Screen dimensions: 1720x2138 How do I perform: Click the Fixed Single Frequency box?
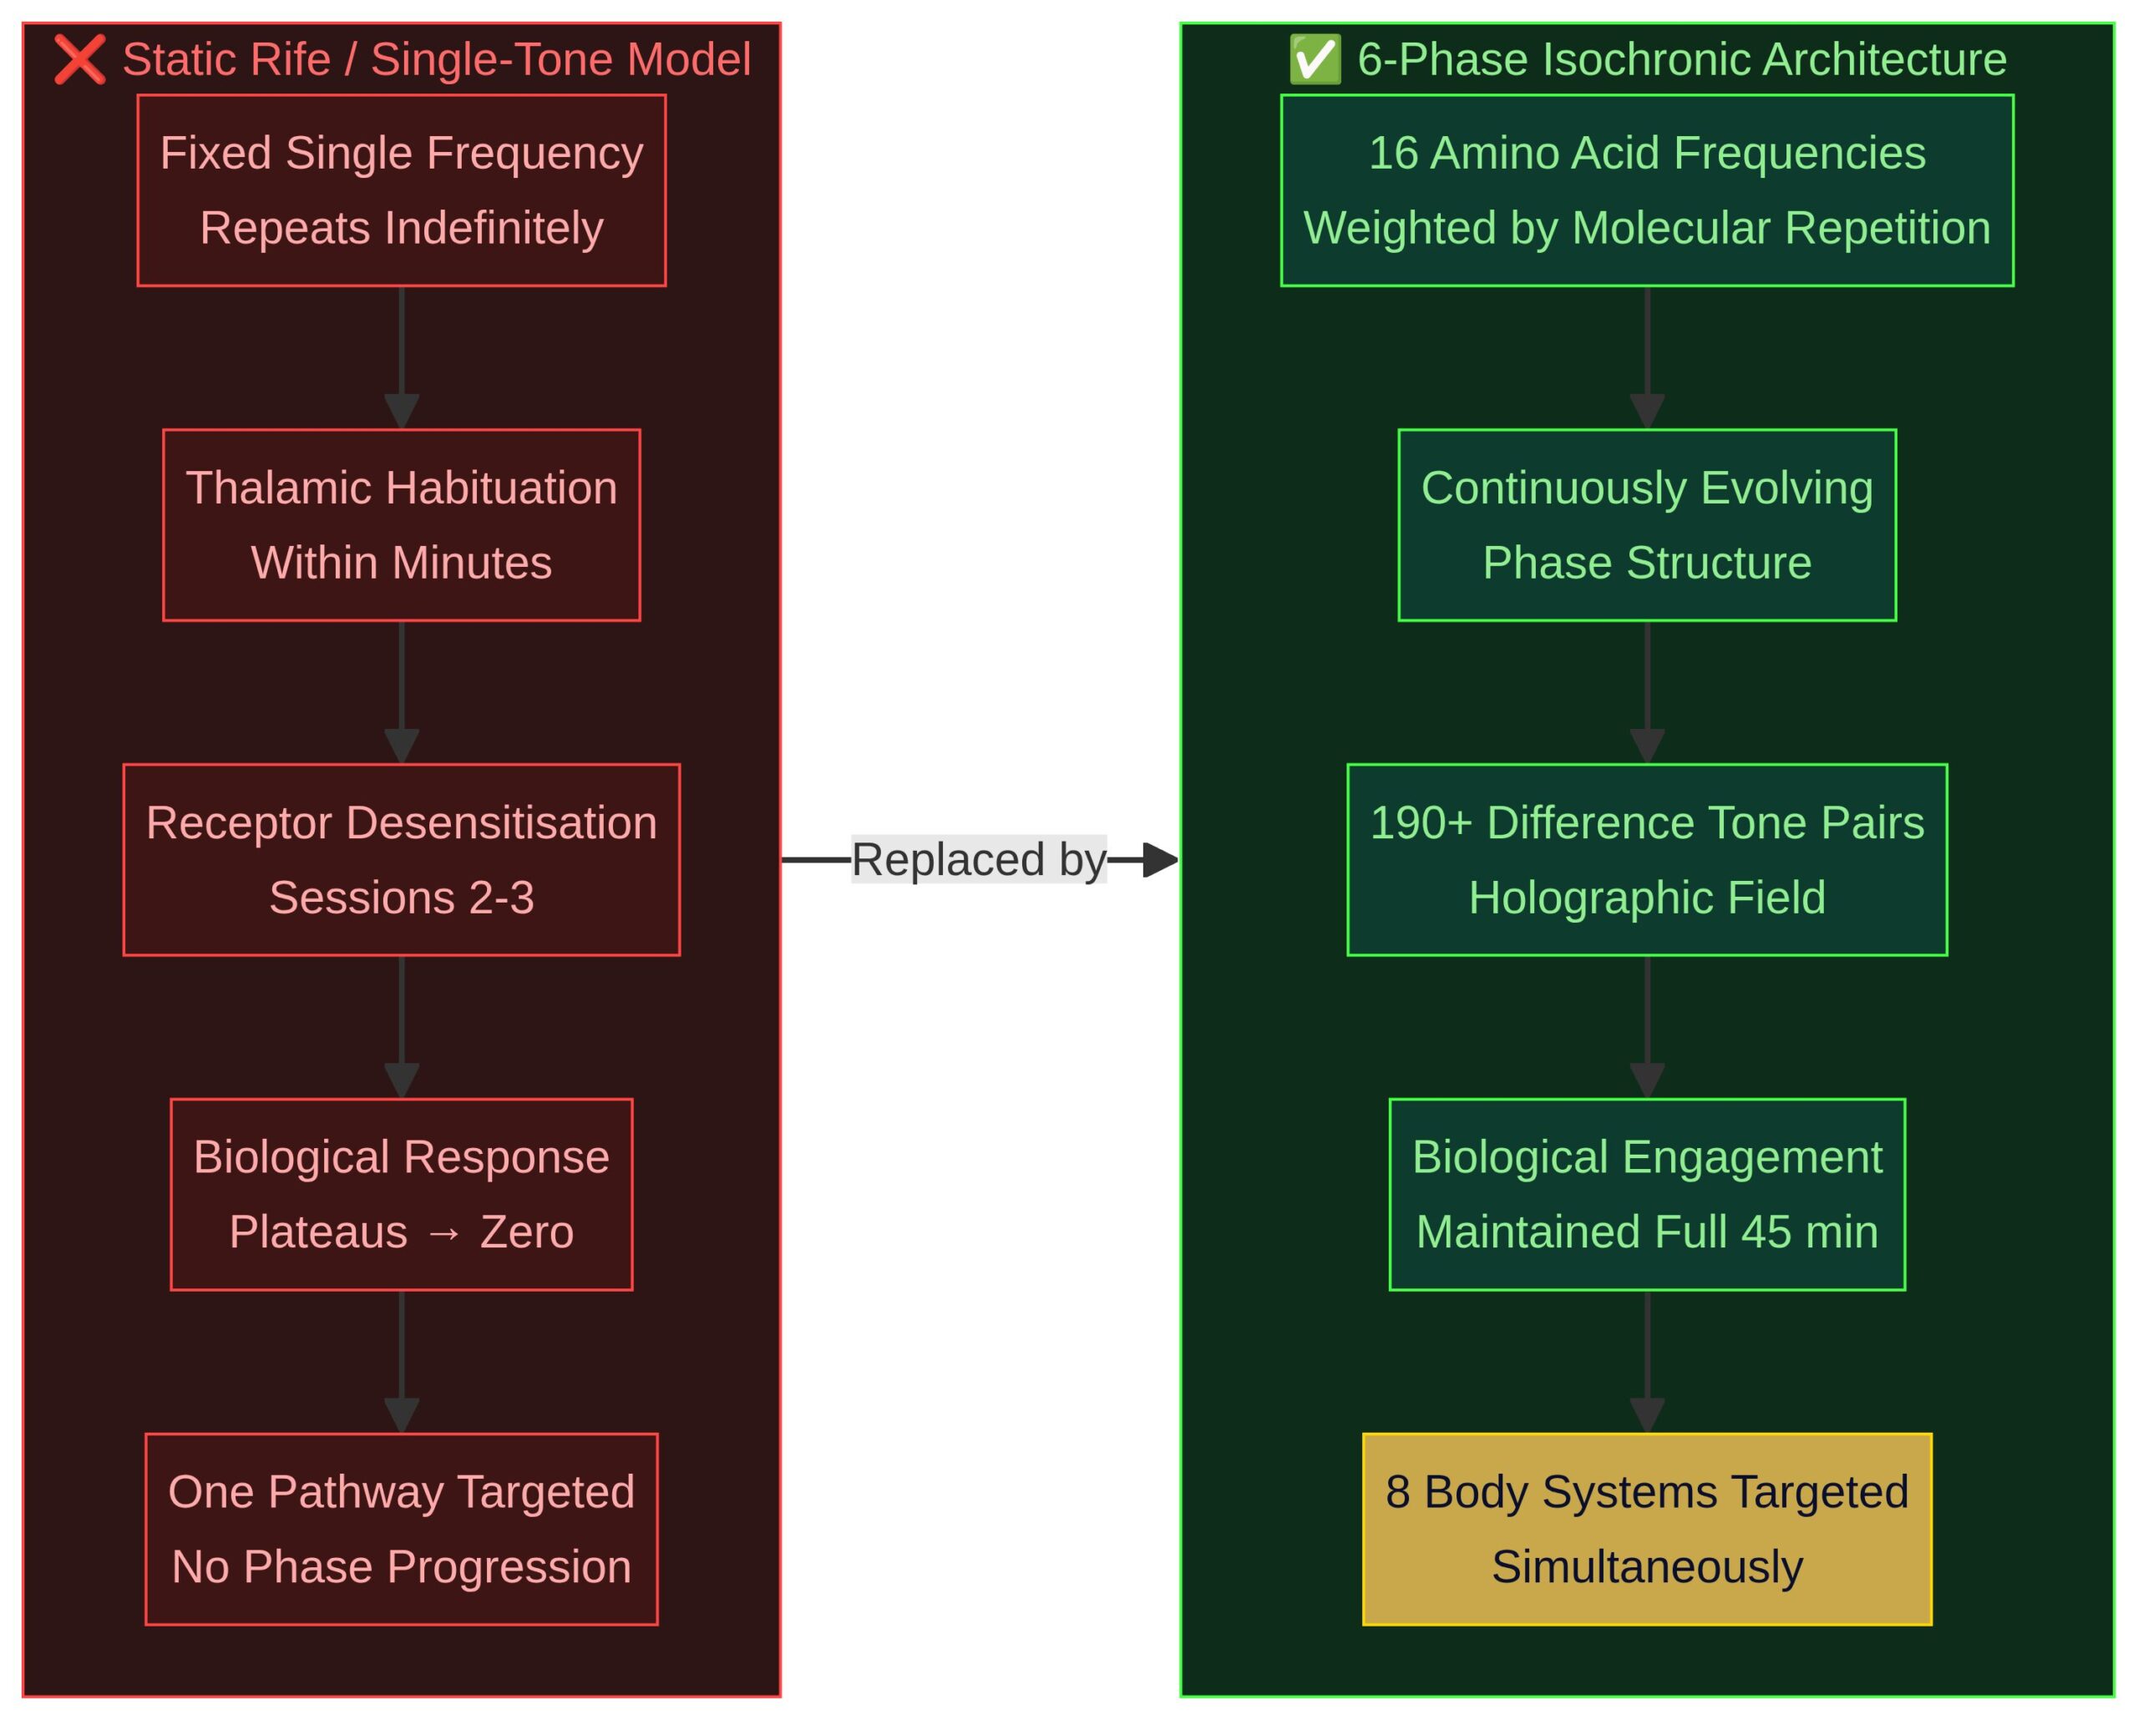[401, 190]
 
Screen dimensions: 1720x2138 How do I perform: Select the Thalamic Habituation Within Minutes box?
[401, 524]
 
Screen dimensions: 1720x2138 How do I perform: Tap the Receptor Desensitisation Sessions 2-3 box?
[401, 859]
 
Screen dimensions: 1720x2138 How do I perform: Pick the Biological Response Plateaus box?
[401, 1194]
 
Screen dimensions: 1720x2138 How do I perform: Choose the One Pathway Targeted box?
[401, 1529]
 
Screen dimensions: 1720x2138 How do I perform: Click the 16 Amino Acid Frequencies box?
[1646, 190]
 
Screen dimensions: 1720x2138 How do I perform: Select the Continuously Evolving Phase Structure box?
[1646, 524]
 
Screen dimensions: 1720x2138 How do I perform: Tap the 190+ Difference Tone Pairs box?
[1646, 859]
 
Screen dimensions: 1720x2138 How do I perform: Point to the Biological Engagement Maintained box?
[1646, 1194]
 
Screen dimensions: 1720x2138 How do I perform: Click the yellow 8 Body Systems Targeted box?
[1646, 1529]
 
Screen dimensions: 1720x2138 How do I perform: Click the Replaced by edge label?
[978, 859]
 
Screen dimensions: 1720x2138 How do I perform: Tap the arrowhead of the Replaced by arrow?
[1160, 859]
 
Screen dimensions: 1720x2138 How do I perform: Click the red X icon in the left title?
[79, 59]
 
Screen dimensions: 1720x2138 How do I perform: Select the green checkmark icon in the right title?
[1314, 59]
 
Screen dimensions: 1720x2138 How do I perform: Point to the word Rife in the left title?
[296, 59]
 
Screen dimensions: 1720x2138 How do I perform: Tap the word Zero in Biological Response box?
[527, 1232]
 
